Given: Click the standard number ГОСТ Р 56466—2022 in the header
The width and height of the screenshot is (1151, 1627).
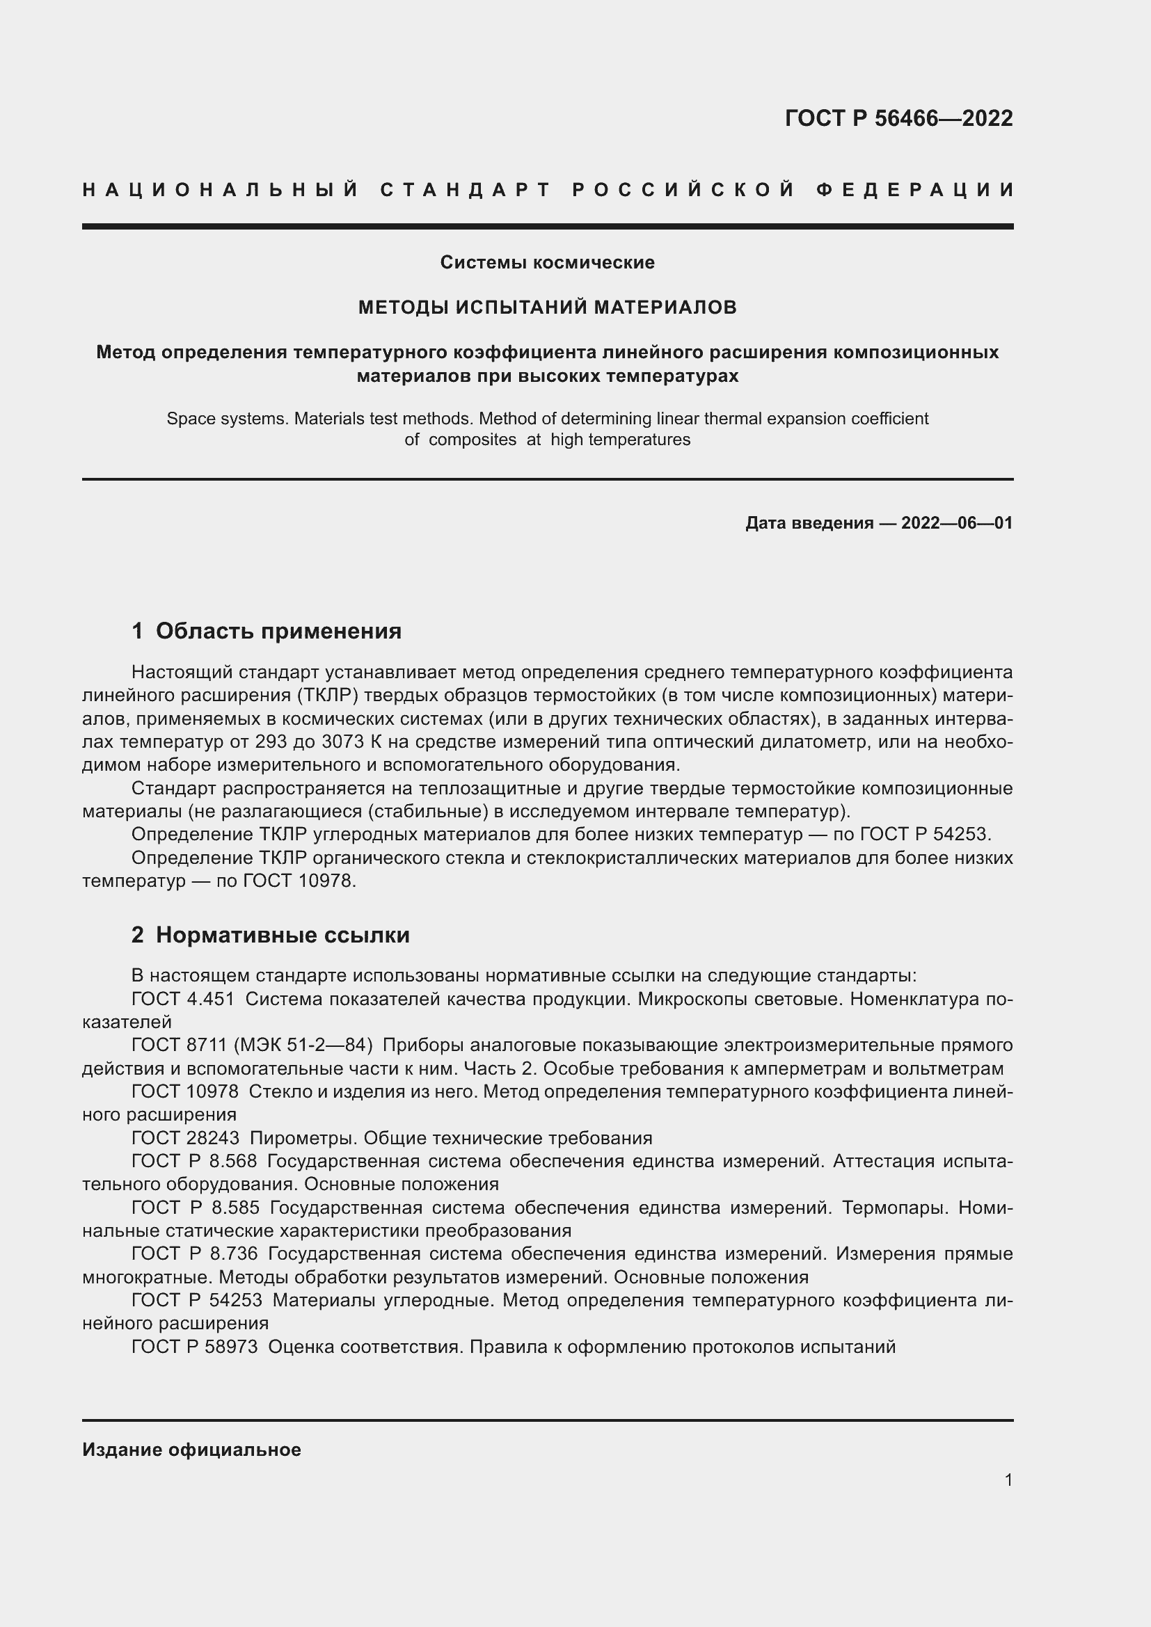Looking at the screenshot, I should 898,118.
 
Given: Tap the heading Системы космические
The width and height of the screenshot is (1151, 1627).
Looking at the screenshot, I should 547,262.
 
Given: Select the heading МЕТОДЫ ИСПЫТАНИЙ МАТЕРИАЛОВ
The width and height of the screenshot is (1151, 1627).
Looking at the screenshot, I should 547,307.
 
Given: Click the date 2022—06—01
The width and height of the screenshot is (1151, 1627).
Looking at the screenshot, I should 957,523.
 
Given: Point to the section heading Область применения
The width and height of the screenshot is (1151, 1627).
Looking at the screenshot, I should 278,630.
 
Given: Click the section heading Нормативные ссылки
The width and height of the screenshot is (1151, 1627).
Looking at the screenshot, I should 283,935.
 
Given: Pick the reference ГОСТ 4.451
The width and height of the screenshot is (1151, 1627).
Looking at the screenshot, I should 185,999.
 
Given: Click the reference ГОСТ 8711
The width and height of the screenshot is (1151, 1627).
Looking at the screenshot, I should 179,1045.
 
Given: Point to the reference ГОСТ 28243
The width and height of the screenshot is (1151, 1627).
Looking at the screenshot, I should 185,1138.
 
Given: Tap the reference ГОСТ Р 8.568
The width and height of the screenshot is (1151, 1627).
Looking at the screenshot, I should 193,1161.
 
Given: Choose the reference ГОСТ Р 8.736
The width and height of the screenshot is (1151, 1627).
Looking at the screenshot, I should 194,1253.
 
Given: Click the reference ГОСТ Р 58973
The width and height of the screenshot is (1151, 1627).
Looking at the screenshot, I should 194,1347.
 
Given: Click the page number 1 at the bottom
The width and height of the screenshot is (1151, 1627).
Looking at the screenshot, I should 1008,1480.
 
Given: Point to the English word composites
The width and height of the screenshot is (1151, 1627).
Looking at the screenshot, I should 472,440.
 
